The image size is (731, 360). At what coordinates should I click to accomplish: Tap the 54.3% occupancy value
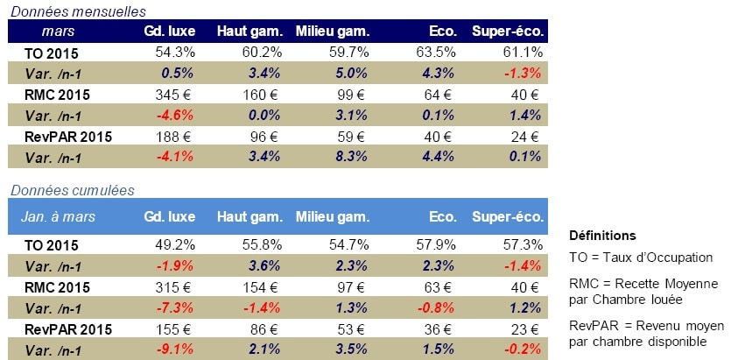coord(165,52)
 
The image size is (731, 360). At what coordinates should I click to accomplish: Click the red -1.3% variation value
coord(524,73)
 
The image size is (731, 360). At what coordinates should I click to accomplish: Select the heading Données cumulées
coord(71,190)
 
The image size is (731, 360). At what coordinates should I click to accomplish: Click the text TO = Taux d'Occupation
coord(641,257)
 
